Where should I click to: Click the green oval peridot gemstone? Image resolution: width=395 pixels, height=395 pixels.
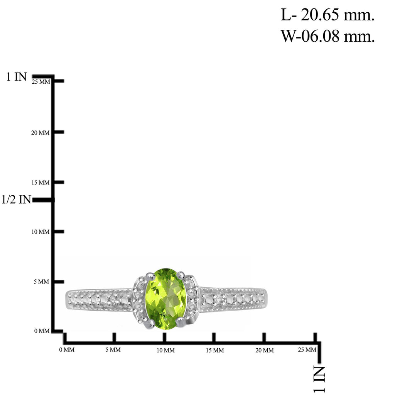pyautogui.click(x=166, y=299)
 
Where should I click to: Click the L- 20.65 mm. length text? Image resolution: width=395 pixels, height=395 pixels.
pyautogui.click(x=327, y=15)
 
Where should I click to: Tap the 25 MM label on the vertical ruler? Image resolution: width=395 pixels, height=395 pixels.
pyautogui.click(x=41, y=82)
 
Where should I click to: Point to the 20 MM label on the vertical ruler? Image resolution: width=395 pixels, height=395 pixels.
pyautogui.click(x=40, y=133)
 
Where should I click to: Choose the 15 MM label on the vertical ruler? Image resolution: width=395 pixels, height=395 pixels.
pyautogui.click(x=40, y=182)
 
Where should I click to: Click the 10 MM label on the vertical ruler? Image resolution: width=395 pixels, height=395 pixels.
pyautogui.click(x=40, y=232)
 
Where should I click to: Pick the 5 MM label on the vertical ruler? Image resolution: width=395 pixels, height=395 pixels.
pyautogui.click(x=42, y=282)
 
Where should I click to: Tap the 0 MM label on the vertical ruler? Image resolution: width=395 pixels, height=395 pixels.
pyautogui.click(x=42, y=331)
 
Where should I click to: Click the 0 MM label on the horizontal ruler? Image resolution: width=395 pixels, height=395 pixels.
pyautogui.click(x=67, y=349)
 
